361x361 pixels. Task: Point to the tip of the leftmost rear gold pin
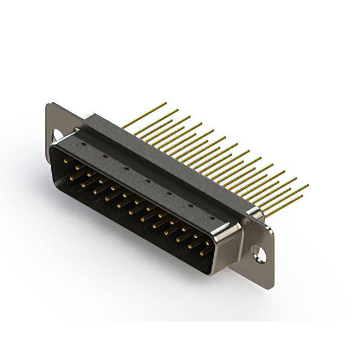(165, 103)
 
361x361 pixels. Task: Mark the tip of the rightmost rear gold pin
(308, 185)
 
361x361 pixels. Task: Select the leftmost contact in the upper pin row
(68, 161)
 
